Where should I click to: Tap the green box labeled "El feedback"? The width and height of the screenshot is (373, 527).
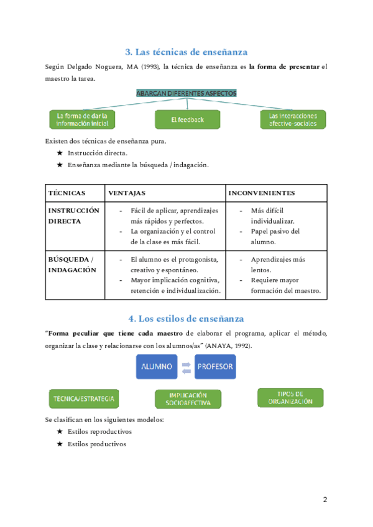187,119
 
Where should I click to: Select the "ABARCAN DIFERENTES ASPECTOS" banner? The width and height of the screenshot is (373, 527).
186,93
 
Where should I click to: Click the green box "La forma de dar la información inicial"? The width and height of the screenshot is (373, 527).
82,119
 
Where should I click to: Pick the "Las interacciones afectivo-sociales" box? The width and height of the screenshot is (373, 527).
292,119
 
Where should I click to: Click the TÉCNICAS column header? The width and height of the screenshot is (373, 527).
67,193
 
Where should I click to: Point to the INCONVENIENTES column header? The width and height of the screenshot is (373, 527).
261,193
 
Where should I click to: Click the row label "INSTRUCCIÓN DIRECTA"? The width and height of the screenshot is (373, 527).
73,216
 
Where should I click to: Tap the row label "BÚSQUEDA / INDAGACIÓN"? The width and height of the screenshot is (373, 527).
71,265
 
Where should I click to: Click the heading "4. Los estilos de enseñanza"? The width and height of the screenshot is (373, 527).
186,318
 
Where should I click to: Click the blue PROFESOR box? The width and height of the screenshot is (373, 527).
215,366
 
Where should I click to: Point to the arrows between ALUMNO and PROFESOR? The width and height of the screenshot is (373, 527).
185,367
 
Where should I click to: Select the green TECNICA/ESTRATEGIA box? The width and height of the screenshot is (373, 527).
85,398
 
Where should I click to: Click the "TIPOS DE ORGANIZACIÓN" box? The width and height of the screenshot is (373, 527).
290,398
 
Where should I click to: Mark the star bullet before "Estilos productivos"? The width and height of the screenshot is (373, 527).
60,444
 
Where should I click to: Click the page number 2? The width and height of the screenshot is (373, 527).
325,500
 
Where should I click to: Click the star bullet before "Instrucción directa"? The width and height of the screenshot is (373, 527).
60,152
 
